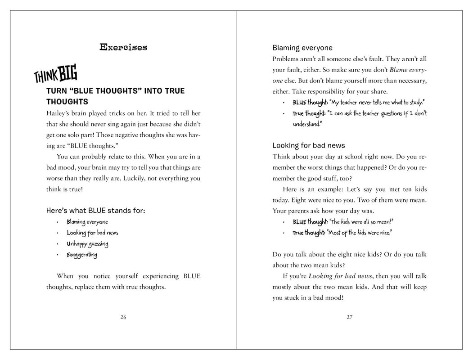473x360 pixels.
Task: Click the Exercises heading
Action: tap(123, 47)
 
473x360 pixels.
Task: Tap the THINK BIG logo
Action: tap(55, 73)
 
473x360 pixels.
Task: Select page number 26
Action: tap(123, 317)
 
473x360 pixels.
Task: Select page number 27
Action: tap(350, 317)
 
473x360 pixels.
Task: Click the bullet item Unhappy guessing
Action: tap(87, 244)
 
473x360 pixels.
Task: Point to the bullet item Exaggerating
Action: tap(82, 255)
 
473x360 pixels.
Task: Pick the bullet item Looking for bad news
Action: tap(92, 233)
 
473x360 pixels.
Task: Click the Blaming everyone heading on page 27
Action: tap(302, 48)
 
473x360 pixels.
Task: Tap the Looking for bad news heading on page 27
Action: tap(309, 145)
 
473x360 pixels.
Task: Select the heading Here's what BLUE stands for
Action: tap(96, 211)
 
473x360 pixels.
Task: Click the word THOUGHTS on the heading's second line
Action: tap(67, 102)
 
